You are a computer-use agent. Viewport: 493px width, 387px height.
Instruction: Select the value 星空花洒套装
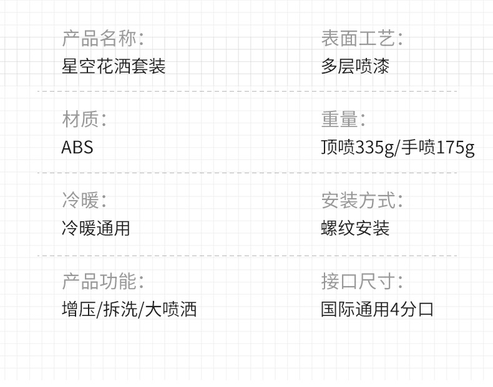(x=114, y=66)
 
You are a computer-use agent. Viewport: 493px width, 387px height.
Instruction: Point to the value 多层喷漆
(x=355, y=66)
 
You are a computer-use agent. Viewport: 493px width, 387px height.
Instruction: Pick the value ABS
(x=77, y=147)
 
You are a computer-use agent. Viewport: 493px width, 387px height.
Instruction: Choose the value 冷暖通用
(x=95, y=228)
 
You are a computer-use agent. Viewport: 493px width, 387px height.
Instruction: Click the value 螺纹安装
(x=355, y=228)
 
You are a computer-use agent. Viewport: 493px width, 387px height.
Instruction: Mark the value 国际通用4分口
(x=377, y=309)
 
